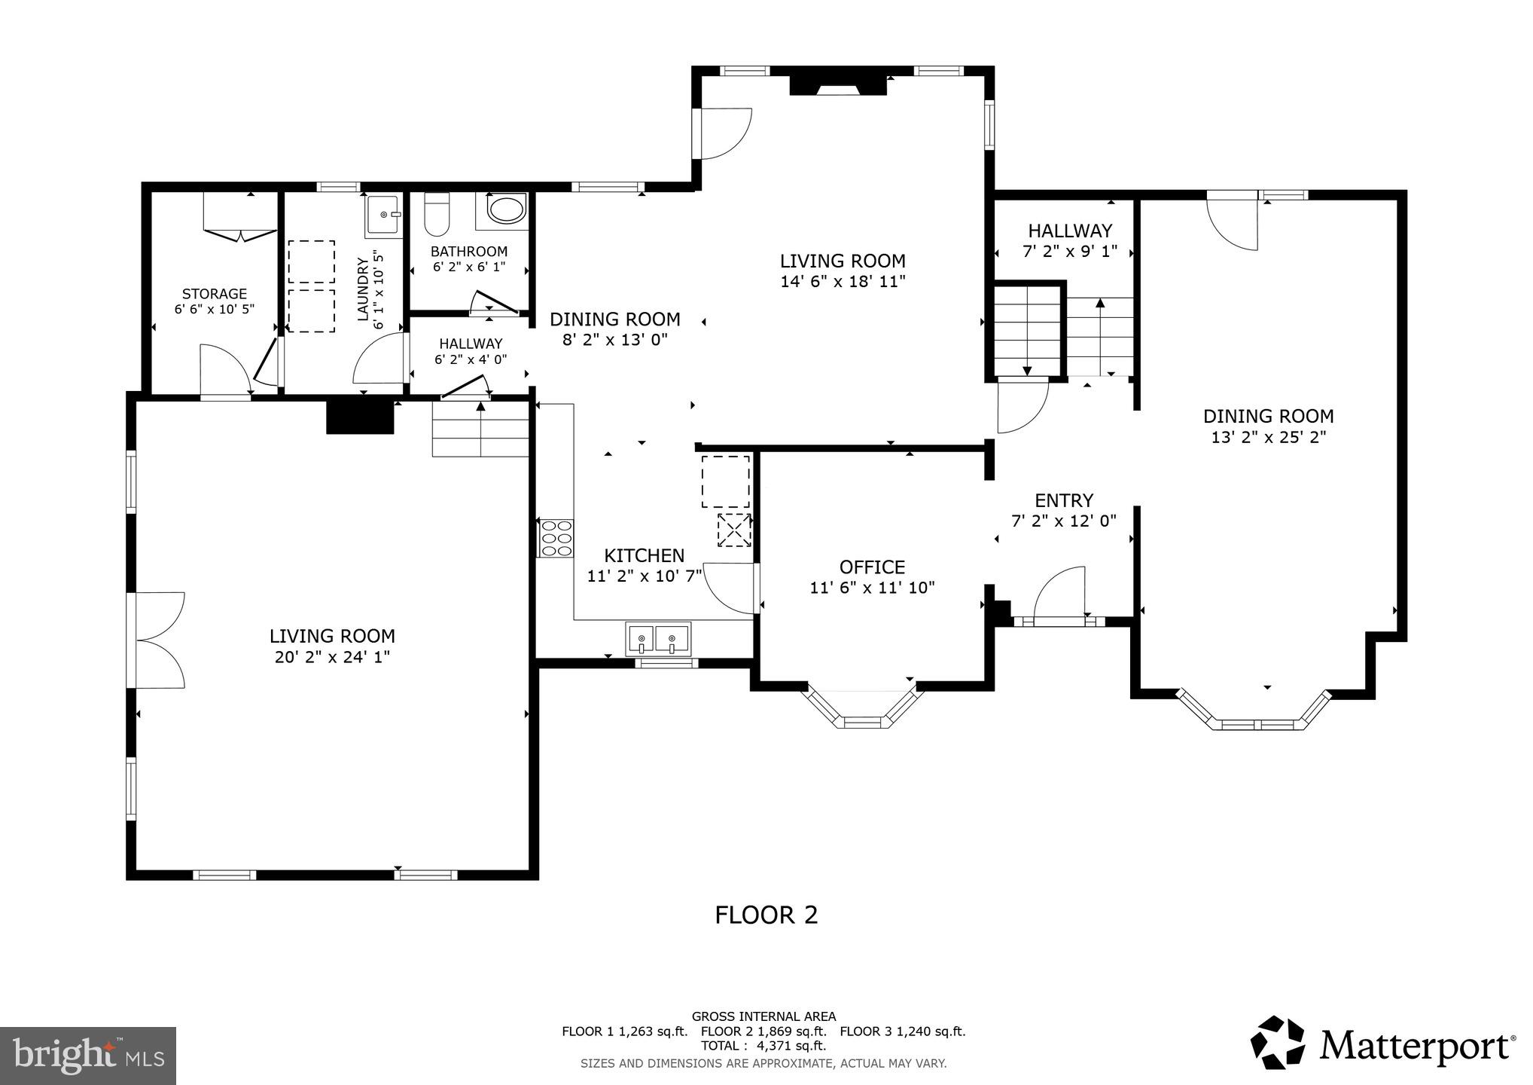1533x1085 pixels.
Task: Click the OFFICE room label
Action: tap(872, 567)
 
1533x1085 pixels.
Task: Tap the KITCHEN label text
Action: tap(645, 555)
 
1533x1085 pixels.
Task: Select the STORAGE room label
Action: tap(214, 294)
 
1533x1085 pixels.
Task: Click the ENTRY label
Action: tap(1063, 500)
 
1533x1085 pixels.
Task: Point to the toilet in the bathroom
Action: tap(437, 215)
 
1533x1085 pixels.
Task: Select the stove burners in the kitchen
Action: tap(556, 539)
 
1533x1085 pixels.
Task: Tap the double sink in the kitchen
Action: tap(657, 639)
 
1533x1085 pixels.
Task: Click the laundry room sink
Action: tap(384, 215)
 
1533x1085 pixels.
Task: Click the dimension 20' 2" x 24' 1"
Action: tap(332, 657)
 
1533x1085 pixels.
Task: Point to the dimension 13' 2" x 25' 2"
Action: tap(1268, 437)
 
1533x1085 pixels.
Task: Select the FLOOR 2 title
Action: tap(766, 915)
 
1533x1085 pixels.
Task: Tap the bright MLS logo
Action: tap(88, 1056)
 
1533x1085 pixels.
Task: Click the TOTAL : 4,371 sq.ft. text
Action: tap(763, 1046)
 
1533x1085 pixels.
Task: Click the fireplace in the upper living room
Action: tap(837, 84)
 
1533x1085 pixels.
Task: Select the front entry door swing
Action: tap(1060, 594)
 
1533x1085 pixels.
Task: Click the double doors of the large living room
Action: tap(158, 640)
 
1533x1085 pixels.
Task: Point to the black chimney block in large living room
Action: tap(360, 417)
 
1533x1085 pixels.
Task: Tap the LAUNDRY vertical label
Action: tap(364, 289)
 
